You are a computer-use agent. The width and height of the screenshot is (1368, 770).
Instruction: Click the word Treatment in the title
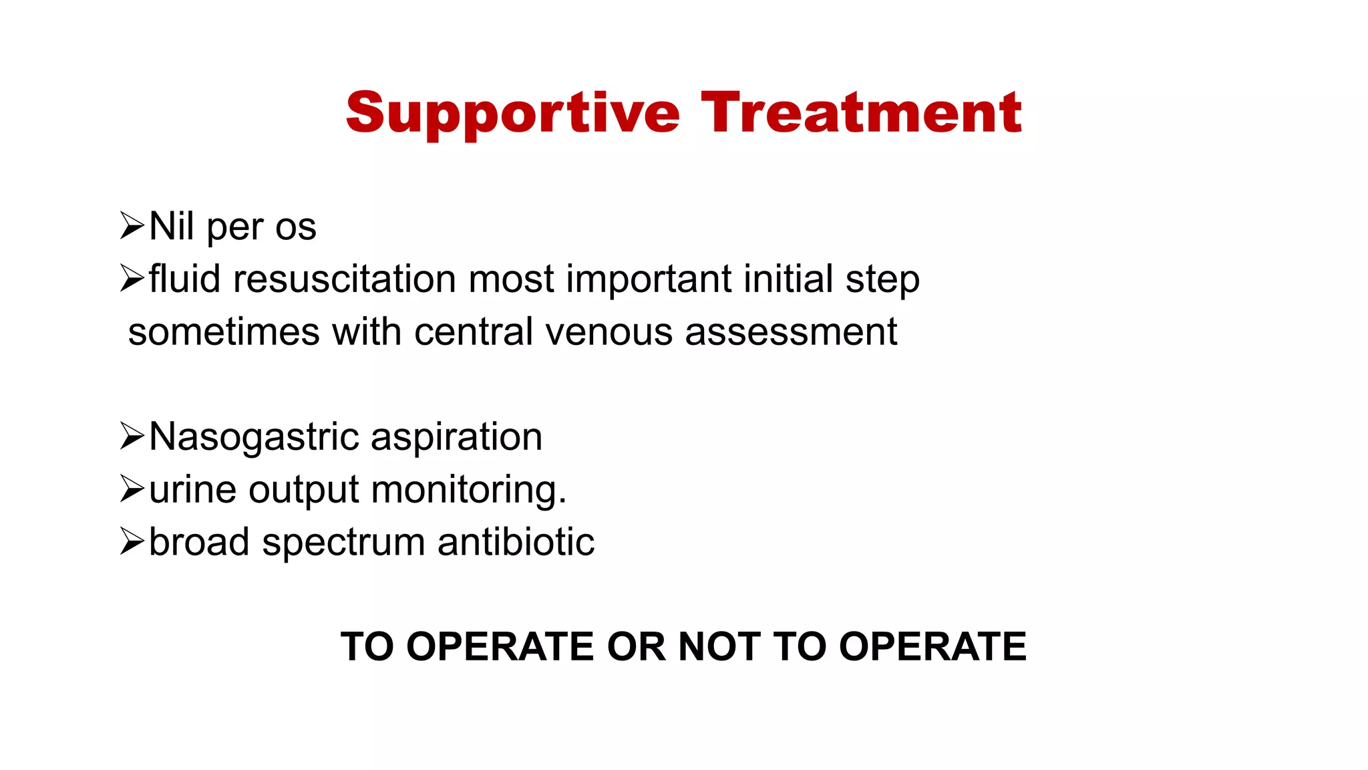[861, 112]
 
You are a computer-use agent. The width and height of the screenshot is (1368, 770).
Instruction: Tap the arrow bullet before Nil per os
[132, 226]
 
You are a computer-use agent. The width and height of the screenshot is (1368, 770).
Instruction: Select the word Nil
[172, 226]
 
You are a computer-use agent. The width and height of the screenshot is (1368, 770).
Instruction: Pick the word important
[649, 280]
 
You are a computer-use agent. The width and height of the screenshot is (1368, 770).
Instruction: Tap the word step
[882, 280]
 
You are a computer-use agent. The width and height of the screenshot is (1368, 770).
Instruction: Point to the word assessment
[791, 332]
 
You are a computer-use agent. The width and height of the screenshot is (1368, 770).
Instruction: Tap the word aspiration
[456, 438]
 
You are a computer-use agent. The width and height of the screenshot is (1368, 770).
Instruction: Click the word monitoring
[468, 490]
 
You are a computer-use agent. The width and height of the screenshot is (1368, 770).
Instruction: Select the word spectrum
[343, 543]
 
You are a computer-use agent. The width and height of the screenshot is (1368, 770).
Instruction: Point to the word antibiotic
[516, 541]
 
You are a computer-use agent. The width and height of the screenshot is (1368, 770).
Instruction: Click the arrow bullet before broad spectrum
[132, 541]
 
